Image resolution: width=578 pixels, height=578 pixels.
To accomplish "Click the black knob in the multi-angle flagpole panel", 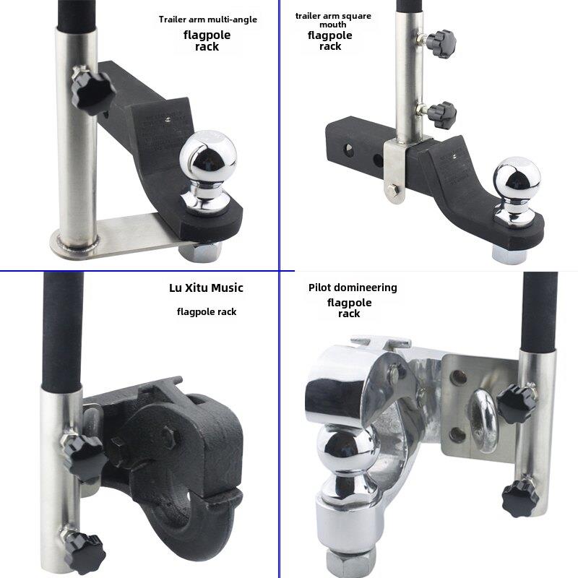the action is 92,92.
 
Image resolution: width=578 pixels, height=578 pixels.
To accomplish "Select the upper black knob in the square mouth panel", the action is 442,44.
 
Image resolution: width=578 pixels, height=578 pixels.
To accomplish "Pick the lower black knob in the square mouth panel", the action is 442,115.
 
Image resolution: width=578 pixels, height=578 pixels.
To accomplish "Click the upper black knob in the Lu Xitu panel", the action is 85,459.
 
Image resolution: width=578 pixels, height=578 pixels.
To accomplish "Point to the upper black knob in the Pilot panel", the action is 516,403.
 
